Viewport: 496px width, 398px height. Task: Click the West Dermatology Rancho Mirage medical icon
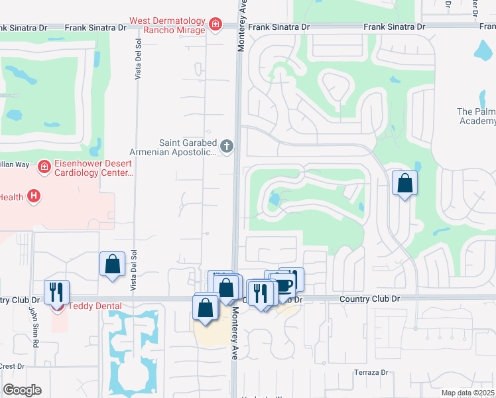click(x=215, y=25)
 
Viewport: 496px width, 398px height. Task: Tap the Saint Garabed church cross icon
click(x=227, y=146)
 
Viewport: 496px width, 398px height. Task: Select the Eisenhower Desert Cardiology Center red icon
click(x=44, y=166)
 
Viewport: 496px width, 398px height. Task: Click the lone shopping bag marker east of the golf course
click(x=404, y=182)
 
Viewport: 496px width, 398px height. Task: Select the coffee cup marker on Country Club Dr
click(x=284, y=285)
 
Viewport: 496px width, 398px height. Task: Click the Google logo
click(x=22, y=390)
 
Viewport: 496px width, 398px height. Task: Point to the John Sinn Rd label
click(x=31, y=326)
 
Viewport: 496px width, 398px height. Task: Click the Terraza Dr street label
click(x=371, y=372)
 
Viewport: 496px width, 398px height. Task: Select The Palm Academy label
click(x=476, y=117)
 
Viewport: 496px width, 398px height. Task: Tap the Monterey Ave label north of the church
click(x=243, y=27)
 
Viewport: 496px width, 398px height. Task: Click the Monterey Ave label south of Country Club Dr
click(x=235, y=337)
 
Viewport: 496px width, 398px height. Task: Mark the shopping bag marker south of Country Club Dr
click(x=205, y=308)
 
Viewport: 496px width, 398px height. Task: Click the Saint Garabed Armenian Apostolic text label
click(x=188, y=147)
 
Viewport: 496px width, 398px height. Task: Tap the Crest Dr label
click(x=12, y=365)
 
